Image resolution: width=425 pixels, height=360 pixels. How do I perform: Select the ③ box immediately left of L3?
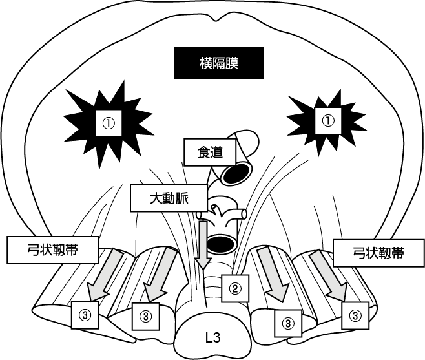[x=145, y=316]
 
